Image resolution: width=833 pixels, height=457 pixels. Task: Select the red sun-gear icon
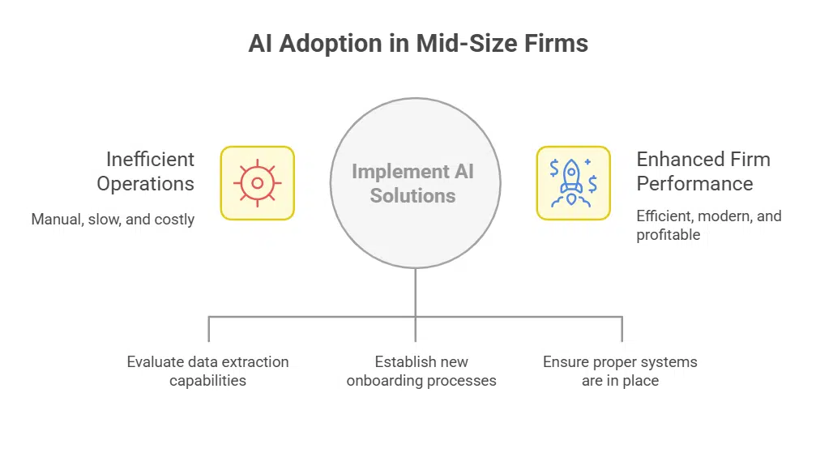(257, 183)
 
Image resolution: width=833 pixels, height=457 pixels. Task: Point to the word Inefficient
(150, 159)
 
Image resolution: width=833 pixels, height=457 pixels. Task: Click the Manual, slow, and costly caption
(113, 220)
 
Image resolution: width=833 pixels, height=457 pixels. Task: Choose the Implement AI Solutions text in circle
(413, 183)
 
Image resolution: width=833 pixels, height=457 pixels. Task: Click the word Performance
(694, 183)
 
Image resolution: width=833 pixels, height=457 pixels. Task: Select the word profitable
(668, 235)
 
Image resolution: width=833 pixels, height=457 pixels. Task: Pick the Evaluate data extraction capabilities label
(207, 371)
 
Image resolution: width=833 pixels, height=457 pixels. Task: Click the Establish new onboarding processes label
(421, 371)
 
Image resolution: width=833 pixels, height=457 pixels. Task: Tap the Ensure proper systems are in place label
(620, 371)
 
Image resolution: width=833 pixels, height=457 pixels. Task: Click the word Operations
(145, 183)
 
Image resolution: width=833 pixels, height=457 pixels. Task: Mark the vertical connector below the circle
(415, 292)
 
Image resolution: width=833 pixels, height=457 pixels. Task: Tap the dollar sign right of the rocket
(593, 184)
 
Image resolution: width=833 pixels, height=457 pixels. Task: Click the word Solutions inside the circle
(413, 195)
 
